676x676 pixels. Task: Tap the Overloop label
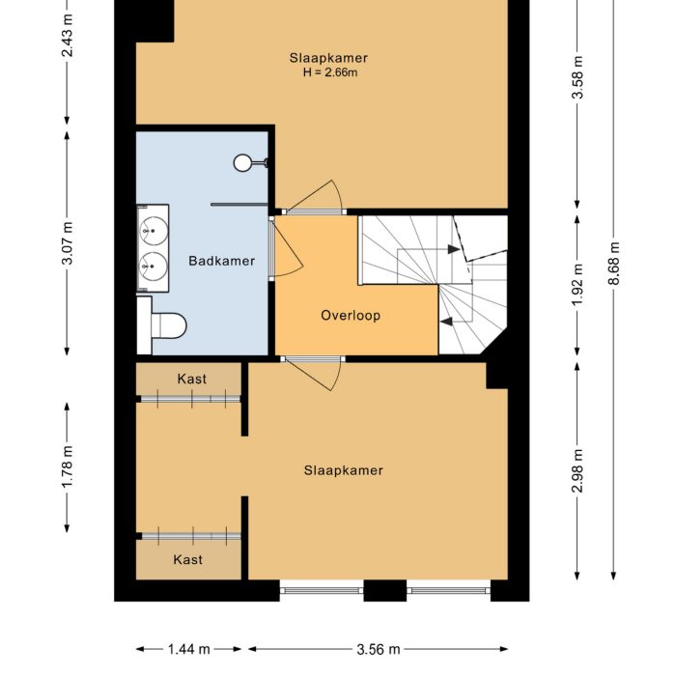tap(351, 316)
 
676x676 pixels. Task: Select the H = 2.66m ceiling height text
tap(328, 72)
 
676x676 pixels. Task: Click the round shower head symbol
tap(242, 163)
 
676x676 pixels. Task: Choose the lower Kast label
tap(187, 559)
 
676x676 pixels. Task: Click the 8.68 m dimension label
tap(615, 261)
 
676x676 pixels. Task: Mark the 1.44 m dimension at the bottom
tap(190, 650)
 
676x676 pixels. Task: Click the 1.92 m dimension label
tap(577, 284)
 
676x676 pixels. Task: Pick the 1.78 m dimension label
tap(67, 467)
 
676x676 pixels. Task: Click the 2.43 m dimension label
tap(67, 36)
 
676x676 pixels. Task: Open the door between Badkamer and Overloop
tap(286, 249)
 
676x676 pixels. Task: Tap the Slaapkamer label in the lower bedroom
tap(343, 471)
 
